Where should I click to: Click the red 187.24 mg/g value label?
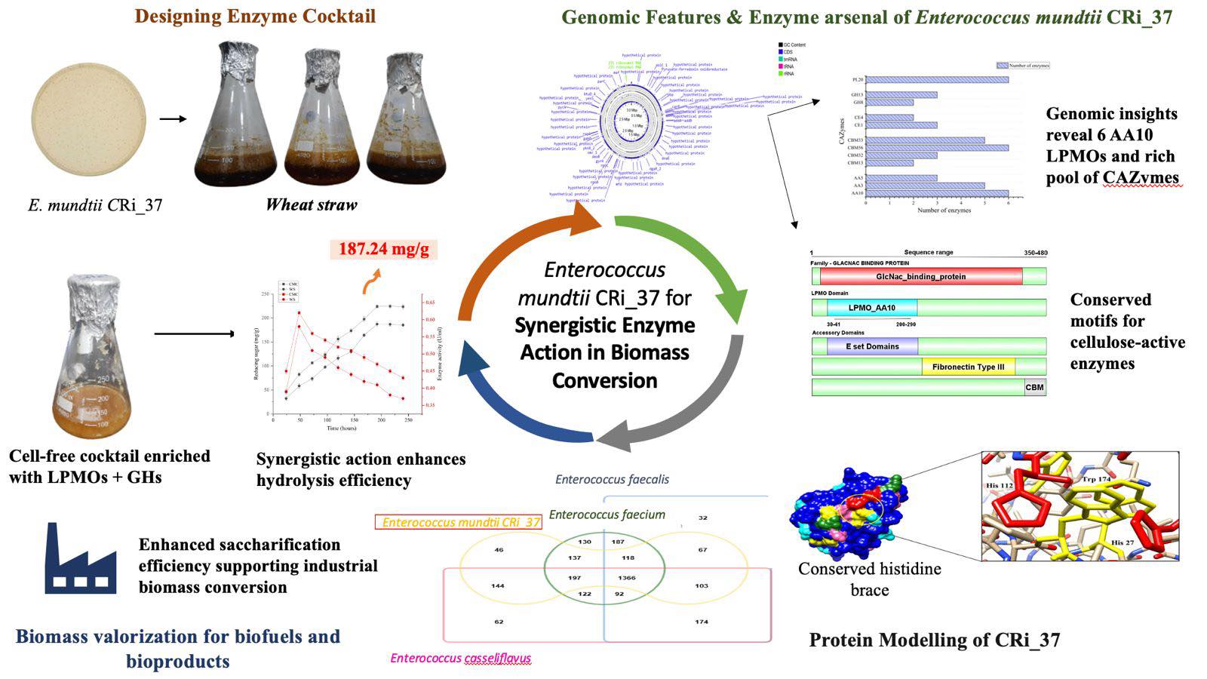click(383, 249)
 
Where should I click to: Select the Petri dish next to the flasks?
click(89, 119)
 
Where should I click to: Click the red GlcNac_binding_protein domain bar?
click(920, 277)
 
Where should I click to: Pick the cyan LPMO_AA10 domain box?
click(871, 308)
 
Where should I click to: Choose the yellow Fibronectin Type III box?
click(968, 367)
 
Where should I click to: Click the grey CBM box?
click(1034, 388)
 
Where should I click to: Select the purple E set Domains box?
click(872, 346)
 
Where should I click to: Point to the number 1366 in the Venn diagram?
click(626, 578)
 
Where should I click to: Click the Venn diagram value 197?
click(575, 578)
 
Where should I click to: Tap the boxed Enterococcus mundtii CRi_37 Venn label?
click(460, 522)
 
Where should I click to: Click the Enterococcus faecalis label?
click(612, 479)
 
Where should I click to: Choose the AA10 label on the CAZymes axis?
click(857, 194)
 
